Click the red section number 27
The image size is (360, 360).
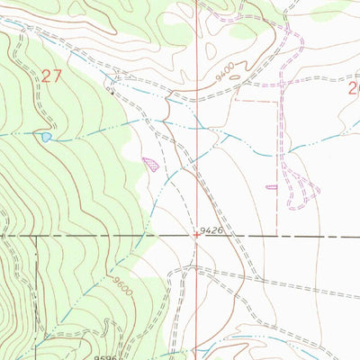pos(50,76)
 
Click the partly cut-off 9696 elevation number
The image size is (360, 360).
pos(104,356)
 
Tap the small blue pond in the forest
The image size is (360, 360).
pos(44,138)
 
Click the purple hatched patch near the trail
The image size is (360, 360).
pos(151,165)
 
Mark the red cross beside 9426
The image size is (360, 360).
pos(197,236)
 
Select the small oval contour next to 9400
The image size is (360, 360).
pos(236,76)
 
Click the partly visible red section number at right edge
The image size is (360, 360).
pos(354,88)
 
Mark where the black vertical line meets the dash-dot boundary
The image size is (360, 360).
pos(37,237)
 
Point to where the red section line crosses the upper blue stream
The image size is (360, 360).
pos(197,127)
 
